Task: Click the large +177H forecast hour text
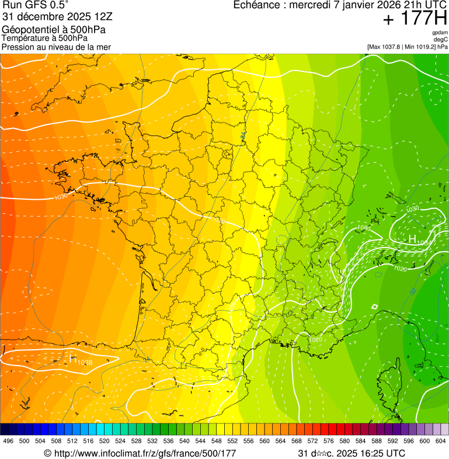tap(414, 19)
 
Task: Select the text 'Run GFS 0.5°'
tap(36, 6)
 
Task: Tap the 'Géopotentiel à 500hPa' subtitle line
tap(54, 29)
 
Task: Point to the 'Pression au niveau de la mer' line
tap(56, 47)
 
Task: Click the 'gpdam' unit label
tap(440, 33)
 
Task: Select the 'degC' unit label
tap(441, 39)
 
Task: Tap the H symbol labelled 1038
tap(74, 359)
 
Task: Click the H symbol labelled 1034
tap(412, 239)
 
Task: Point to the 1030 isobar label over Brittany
tap(61, 197)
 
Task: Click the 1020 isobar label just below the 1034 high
tap(401, 269)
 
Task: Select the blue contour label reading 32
tap(413, 291)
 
